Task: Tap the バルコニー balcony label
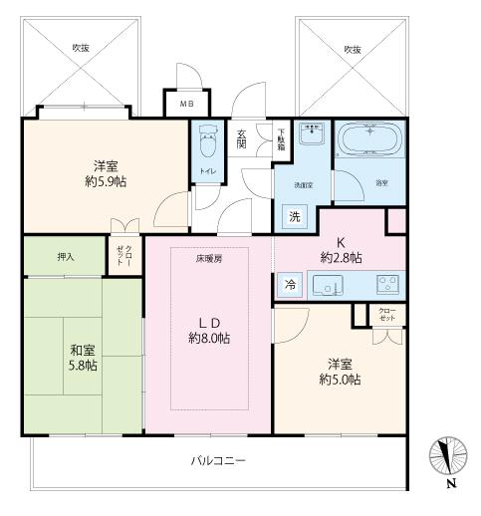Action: tap(218, 460)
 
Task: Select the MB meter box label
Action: tap(186, 103)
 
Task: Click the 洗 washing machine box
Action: tap(295, 216)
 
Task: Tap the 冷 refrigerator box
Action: tap(290, 283)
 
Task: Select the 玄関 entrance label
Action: tap(242, 138)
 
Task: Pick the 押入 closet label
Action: tap(65, 256)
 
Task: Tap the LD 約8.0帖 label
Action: tap(210, 330)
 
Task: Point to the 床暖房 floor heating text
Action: tap(208, 257)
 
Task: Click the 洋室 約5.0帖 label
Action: tap(340, 372)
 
